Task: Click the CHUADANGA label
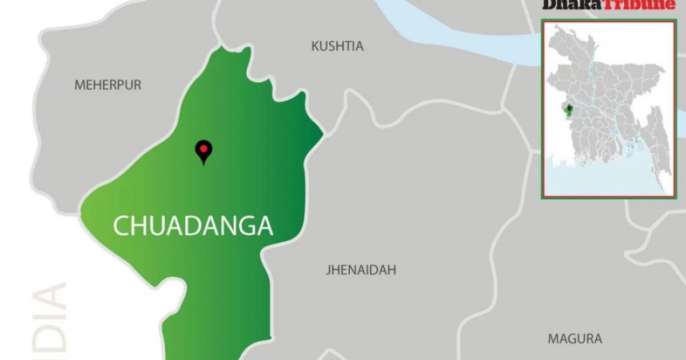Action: tap(193, 226)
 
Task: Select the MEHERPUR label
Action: tap(107, 85)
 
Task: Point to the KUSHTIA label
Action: tap(337, 46)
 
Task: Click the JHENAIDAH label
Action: tap(361, 270)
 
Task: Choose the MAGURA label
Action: tap(575, 338)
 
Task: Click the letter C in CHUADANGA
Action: tap(122, 226)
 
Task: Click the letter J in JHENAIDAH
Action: tap(328, 270)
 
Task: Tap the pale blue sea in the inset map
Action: tap(600, 177)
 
